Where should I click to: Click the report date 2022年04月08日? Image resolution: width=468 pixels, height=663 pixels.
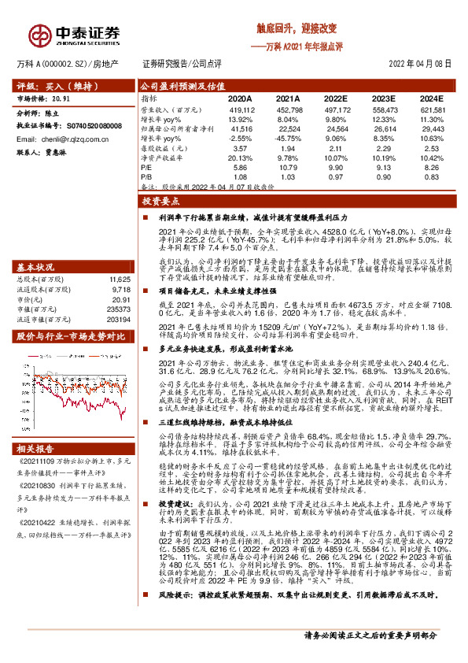pos(420,65)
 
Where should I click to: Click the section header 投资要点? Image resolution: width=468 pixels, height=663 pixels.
pos(160,202)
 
